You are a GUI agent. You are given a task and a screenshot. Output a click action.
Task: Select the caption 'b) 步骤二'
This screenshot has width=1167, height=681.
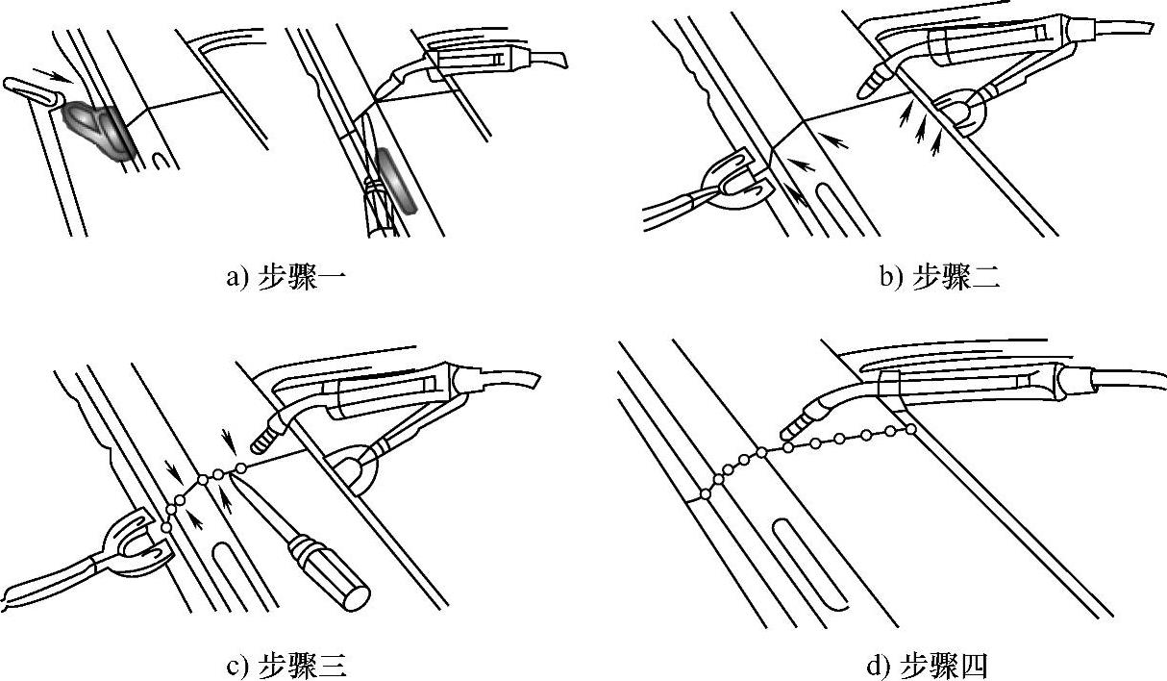point(940,279)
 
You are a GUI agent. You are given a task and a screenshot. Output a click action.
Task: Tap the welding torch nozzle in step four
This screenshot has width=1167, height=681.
point(796,426)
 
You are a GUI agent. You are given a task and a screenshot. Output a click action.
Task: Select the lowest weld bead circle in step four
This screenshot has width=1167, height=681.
point(706,494)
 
